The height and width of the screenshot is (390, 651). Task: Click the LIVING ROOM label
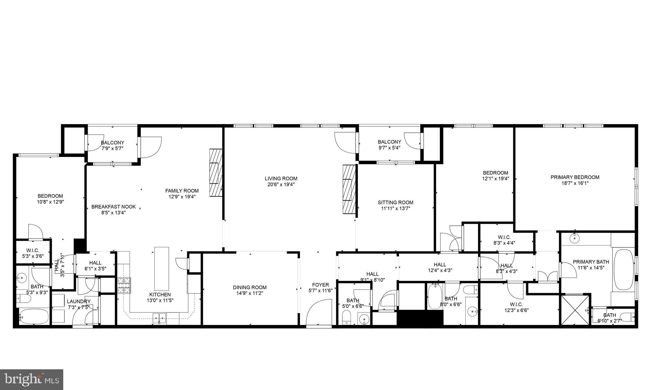tap(281, 179)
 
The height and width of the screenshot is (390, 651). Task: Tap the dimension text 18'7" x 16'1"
tap(575, 183)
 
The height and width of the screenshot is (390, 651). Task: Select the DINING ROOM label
tap(250, 287)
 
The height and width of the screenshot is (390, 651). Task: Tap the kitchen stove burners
tap(124, 286)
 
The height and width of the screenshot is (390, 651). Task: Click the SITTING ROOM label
tap(395, 202)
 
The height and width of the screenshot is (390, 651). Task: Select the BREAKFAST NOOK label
tap(113, 207)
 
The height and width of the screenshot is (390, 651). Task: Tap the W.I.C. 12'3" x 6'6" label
tap(517, 307)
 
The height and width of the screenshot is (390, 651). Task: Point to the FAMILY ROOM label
tap(182, 191)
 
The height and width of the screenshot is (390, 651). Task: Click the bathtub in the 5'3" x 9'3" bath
tap(34, 316)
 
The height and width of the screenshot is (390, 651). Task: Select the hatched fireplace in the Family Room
tap(216, 173)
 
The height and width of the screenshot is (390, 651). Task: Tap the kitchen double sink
tap(159, 317)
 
